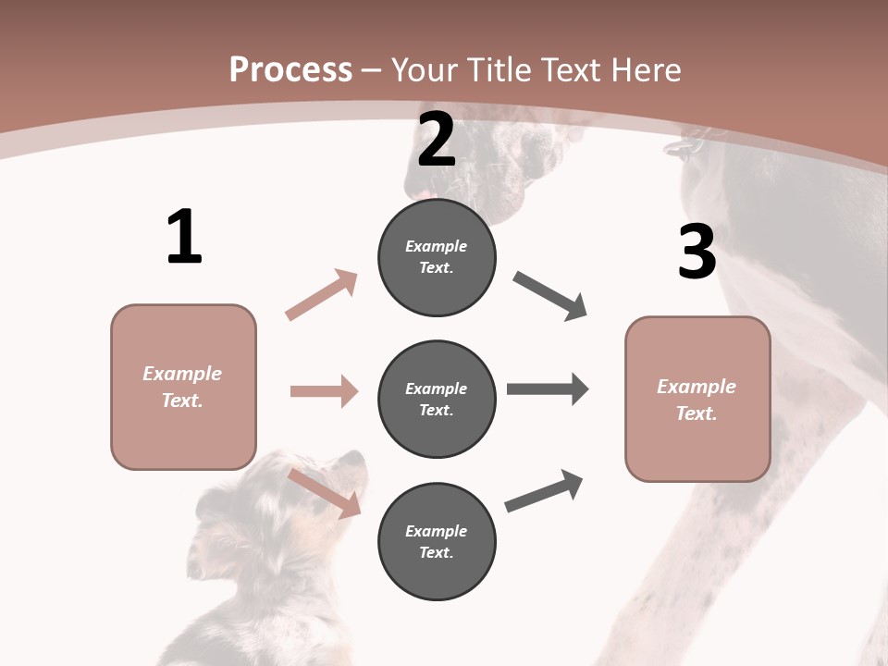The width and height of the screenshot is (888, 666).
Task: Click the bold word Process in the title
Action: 290,70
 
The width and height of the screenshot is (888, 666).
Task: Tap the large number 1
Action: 184,238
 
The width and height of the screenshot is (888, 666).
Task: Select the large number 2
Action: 437,141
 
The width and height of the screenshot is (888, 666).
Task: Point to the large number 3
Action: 697,253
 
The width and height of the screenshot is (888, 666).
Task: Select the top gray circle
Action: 437,257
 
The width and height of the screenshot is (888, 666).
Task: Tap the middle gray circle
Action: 437,399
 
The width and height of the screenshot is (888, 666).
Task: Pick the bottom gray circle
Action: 437,541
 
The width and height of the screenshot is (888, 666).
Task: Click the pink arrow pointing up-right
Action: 321,295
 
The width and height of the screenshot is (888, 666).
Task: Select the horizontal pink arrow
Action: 324,391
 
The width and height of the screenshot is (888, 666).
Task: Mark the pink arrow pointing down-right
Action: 324,492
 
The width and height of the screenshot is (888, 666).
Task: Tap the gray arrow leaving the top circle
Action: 550,296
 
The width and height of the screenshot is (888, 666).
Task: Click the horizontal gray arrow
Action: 548,389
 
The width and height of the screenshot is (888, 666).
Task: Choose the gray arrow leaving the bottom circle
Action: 544,491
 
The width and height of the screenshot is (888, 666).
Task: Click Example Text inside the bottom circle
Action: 437,541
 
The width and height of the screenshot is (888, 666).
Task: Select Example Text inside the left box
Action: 183,387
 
